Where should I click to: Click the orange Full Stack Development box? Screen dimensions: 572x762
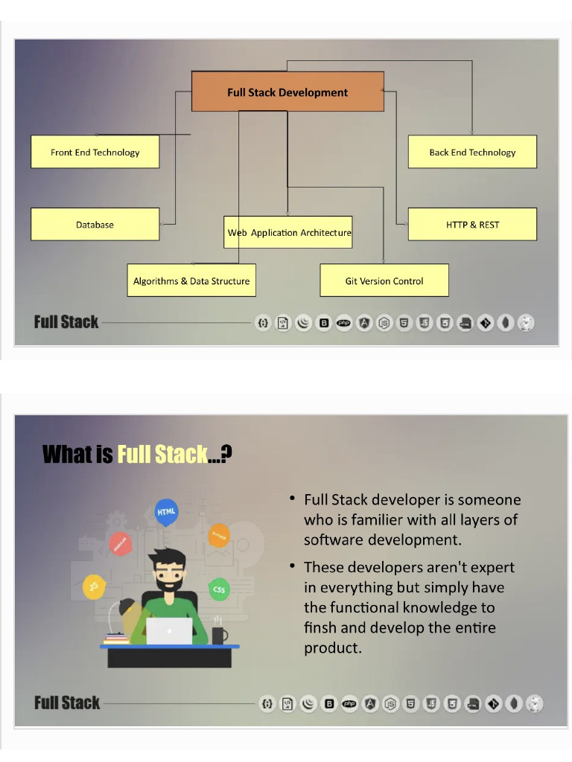pyautogui.click(x=287, y=92)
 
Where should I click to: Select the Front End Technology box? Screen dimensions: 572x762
pyautogui.click(x=95, y=152)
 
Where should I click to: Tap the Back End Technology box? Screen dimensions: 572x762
pyautogui.click(x=472, y=152)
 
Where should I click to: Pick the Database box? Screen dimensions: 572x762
pyautogui.click(x=95, y=225)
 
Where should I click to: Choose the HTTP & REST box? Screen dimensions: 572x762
pyautogui.click(x=472, y=225)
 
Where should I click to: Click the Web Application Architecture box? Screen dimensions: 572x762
pyautogui.click(x=288, y=232)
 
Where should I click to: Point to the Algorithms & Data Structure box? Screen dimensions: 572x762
pyautogui.click(x=191, y=281)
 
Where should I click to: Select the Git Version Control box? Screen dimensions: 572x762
pyautogui.click(x=384, y=281)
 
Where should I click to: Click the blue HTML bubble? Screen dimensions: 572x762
pyautogui.click(x=166, y=512)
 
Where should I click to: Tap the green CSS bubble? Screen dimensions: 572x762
pyautogui.click(x=219, y=589)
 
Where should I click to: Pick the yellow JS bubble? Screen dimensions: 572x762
pyautogui.click(x=94, y=586)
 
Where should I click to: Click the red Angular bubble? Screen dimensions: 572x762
pyautogui.click(x=120, y=544)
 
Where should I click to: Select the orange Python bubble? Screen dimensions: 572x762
pyautogui.click(x=219, y=536)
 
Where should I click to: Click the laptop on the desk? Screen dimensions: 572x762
pyautogui.click(x=169, y=631)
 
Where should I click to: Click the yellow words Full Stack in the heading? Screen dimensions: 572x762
pyautogui.click(x=162, y=455)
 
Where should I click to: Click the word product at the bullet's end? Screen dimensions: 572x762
pyautogui.click(x=333, y=648)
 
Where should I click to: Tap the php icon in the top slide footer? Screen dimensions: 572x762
pyautogui.click(x=344, y=323)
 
